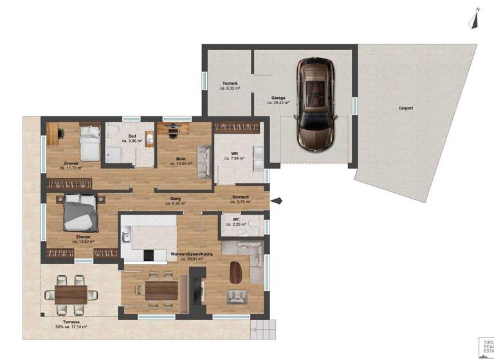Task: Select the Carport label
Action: coord(405,108)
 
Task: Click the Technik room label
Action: coord(230,84)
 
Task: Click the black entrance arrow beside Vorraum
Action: coord(275,202)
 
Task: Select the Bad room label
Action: coord(133,136)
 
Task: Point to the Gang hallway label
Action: coord(174,199)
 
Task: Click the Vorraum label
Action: coord(241,197)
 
